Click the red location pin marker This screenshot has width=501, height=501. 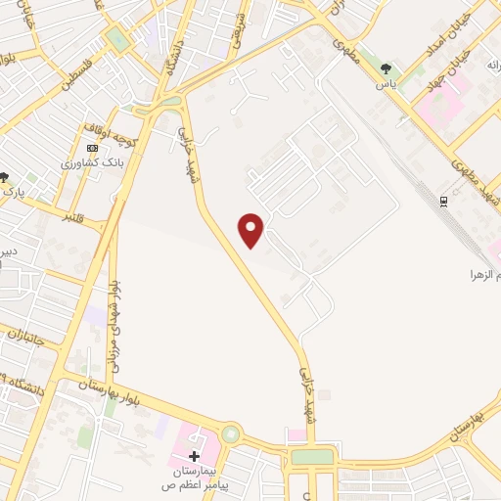[x=251, y=230]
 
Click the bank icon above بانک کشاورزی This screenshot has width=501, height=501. [x=93, y=148]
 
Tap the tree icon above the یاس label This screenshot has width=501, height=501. [x=387, y=68]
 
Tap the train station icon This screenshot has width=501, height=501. [x=443, y=201]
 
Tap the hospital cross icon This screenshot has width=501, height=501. [x=194, y=455]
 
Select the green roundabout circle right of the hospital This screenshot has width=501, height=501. [x=230, y=433]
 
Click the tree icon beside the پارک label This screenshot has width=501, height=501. [x=4, y=177]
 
